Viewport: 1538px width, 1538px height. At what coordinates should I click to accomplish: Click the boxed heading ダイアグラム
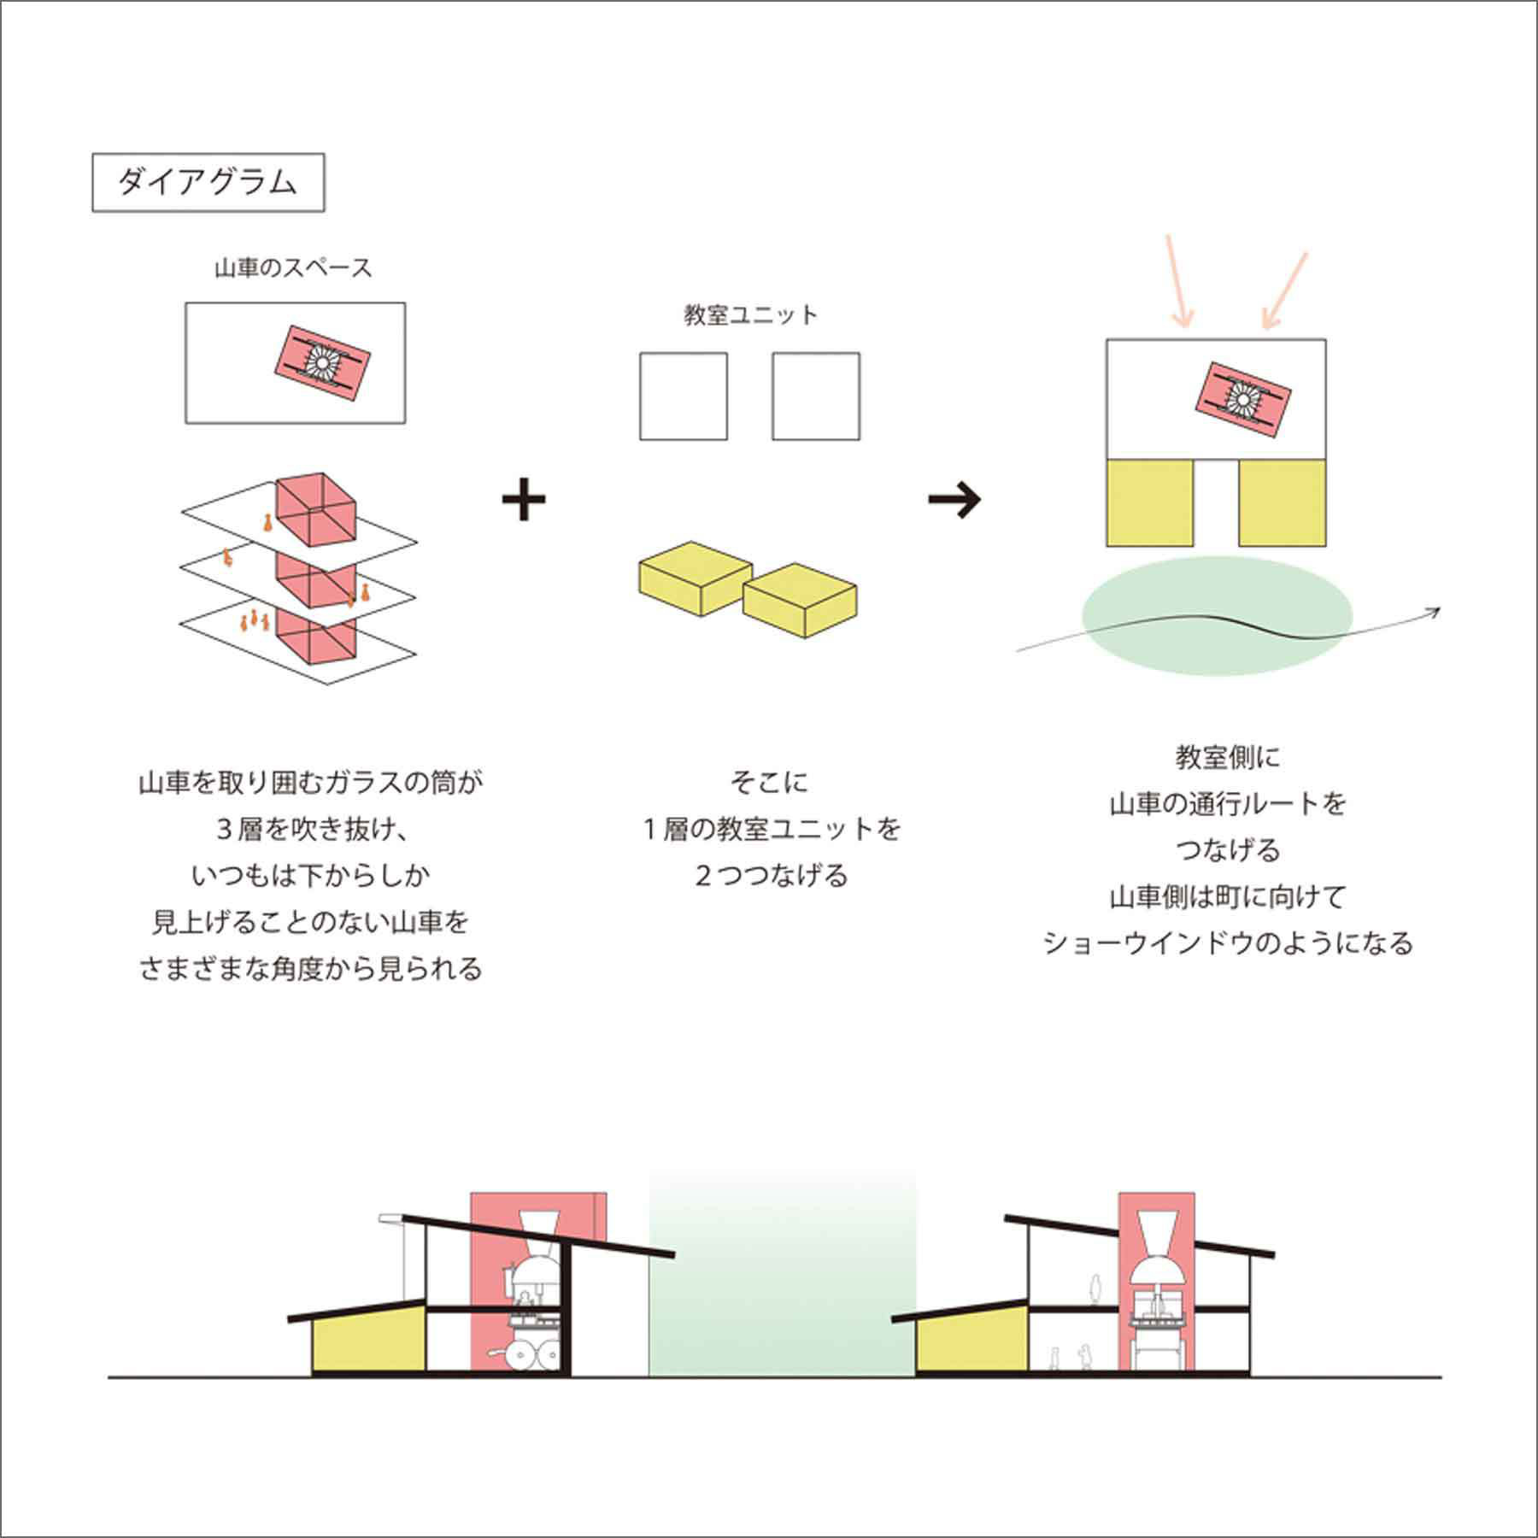pyautogui.click(x=208, y=182)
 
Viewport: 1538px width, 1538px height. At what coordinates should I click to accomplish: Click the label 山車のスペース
pyautogui.click(x=293, y=268)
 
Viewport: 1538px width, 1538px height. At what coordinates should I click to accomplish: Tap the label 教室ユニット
pyautogui.click(x=750, y=315)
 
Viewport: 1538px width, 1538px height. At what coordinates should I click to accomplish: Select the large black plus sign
pyautogui.click(x=524, y=501)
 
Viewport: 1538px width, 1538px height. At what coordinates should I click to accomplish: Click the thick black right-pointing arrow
pyautogui.click(x=954, y=500)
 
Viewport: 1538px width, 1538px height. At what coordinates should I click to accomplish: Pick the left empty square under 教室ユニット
pyautogui.click(x=684, y=396)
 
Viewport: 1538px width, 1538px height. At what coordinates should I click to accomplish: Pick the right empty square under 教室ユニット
pyautogui.click(x=816, y=396)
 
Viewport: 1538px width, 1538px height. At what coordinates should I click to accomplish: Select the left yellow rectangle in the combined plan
pyautogui.click(x=1149, y=503)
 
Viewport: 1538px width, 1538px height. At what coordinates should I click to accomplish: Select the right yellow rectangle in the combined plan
pyautogui.click(x=1283, y=503)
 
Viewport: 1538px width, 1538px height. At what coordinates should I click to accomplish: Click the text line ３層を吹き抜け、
pyautogui.click(x=310, y=829)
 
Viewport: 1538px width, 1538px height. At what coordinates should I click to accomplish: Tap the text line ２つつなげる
pyautogui.click(x=771, y=876)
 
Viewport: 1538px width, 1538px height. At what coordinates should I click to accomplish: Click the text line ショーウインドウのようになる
pyautogui.click(x=1228, y=943)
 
